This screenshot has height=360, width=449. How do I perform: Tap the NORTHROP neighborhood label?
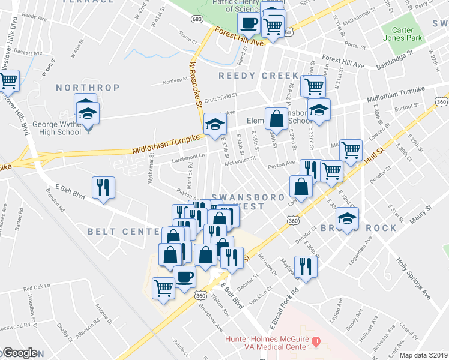click(x=88, y=88)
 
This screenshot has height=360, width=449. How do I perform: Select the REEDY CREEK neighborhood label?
click(x=258, y=76)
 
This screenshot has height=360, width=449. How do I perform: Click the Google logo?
click(x=19, y=353)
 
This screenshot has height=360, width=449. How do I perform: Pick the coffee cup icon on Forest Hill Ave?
click(x=249, y=23)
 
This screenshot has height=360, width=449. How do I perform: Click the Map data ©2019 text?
click(x=423, y=355)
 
